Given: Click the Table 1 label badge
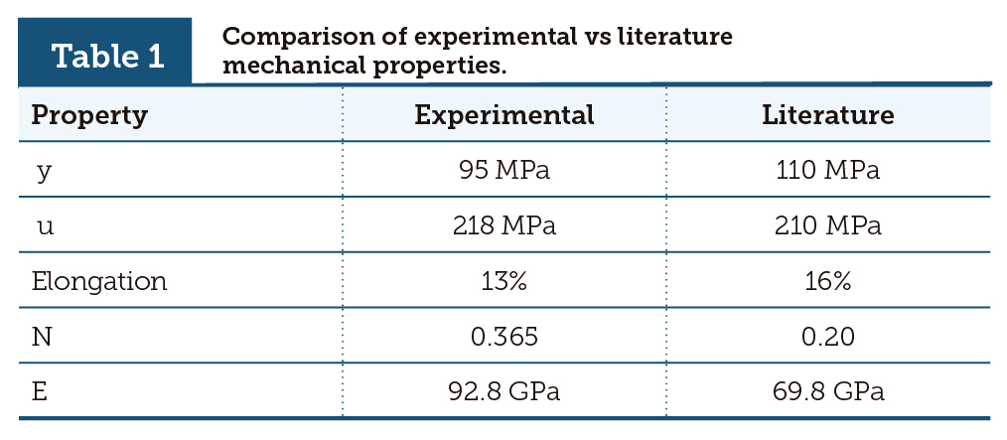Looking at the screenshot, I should tap(107, 55).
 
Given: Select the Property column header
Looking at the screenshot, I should tap(89, 115).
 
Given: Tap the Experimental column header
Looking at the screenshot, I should tap(503, 115).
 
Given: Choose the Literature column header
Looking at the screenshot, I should tap(827, 115).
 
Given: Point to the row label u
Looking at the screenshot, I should tap(44, 225).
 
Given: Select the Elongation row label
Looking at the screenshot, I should tap(99, 281).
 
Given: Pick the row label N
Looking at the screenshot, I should tap(42, 336).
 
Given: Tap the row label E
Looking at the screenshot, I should tap(40, 390).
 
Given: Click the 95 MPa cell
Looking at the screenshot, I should tap(503, 171).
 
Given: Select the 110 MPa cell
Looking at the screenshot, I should tap(827, 171).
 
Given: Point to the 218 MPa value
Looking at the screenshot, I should tap(503, 225).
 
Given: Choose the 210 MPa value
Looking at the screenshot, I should tap(827, 225).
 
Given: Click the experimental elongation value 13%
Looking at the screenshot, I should tap(503, 281).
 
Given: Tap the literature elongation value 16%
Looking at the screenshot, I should tap(827, 281).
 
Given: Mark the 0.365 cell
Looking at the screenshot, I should tap(503, 336).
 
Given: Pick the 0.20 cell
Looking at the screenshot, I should tap(827, 336).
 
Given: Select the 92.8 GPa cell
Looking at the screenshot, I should tap(503, 390).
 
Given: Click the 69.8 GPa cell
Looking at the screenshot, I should tap(827, 390).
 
